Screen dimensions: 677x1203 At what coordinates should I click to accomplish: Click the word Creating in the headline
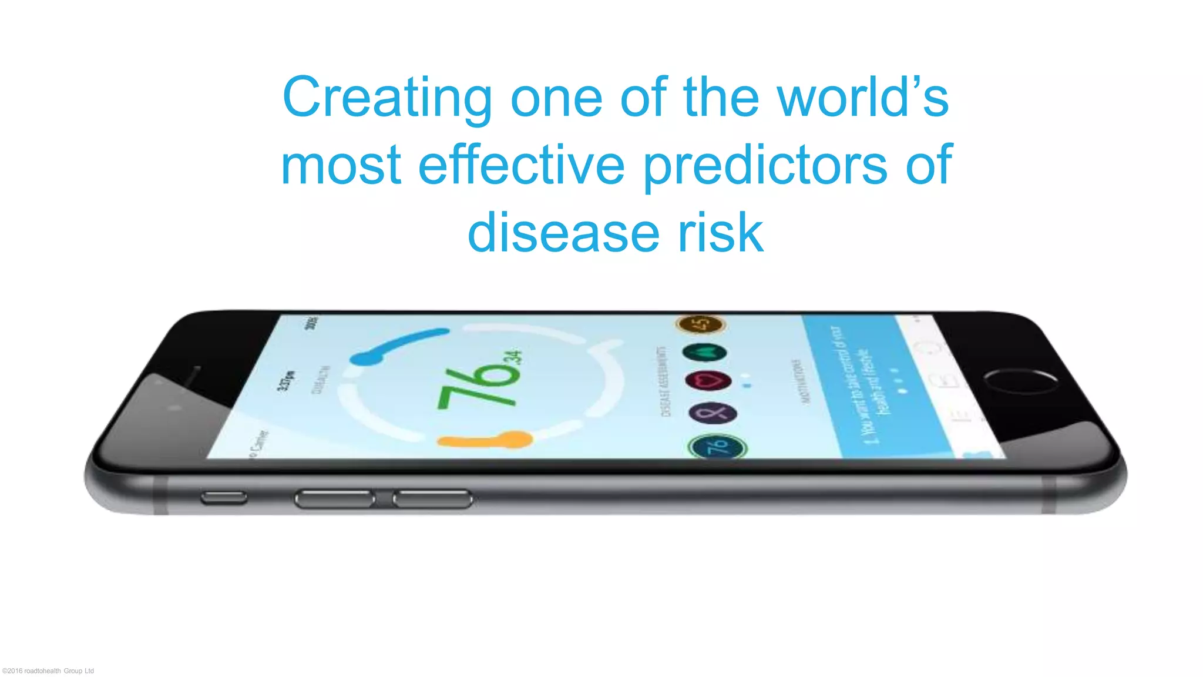(x=387, y=99)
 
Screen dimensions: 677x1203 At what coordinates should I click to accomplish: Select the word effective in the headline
(x=521, y=165)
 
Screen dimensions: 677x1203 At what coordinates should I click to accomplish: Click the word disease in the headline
(x=563, y=233)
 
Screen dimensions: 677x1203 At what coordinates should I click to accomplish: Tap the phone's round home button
(x=1021, y=381)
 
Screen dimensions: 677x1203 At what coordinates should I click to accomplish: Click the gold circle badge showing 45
(x=701, y=324)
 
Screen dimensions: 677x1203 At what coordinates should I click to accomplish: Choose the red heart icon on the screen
(x=708, y=381)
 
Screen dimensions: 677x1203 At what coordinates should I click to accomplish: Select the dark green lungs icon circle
(x=704, y=352)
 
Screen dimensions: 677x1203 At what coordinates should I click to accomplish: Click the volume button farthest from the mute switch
(x=432, y=500)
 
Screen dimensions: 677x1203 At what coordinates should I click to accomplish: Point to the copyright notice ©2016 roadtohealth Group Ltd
(x=48, y=671)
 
